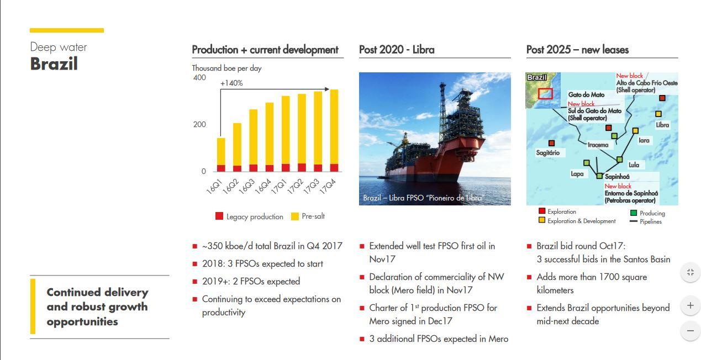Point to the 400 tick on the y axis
pyautogui.click(x=199, y=78)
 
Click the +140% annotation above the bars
pyautogui.click(x=231, y=83)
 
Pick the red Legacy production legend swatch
pyautogui.click(x=219, y=216)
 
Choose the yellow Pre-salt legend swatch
pyautogui.click(x=295, y=216)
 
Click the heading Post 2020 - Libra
pyautogui.click(x=396, y=50)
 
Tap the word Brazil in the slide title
pyautogui.click(x=54, y=64)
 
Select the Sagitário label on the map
pyautogui.click(x=547, y=152)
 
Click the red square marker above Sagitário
pyautogui.click(x=551, y=144)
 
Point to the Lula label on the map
pyautogui.click(x=634, y=165)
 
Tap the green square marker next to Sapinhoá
pyautogui.click(x=599, y=176)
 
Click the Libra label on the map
pyautogui.click(x=662, y=125)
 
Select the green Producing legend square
pyautogui.click(x=634, y=213)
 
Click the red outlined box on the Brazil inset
pyautogui.click(x=545, y=93)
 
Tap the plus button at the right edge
pyautogui.click(x=690, y=305)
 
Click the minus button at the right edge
pyautogui.click(x=690, y=331)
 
